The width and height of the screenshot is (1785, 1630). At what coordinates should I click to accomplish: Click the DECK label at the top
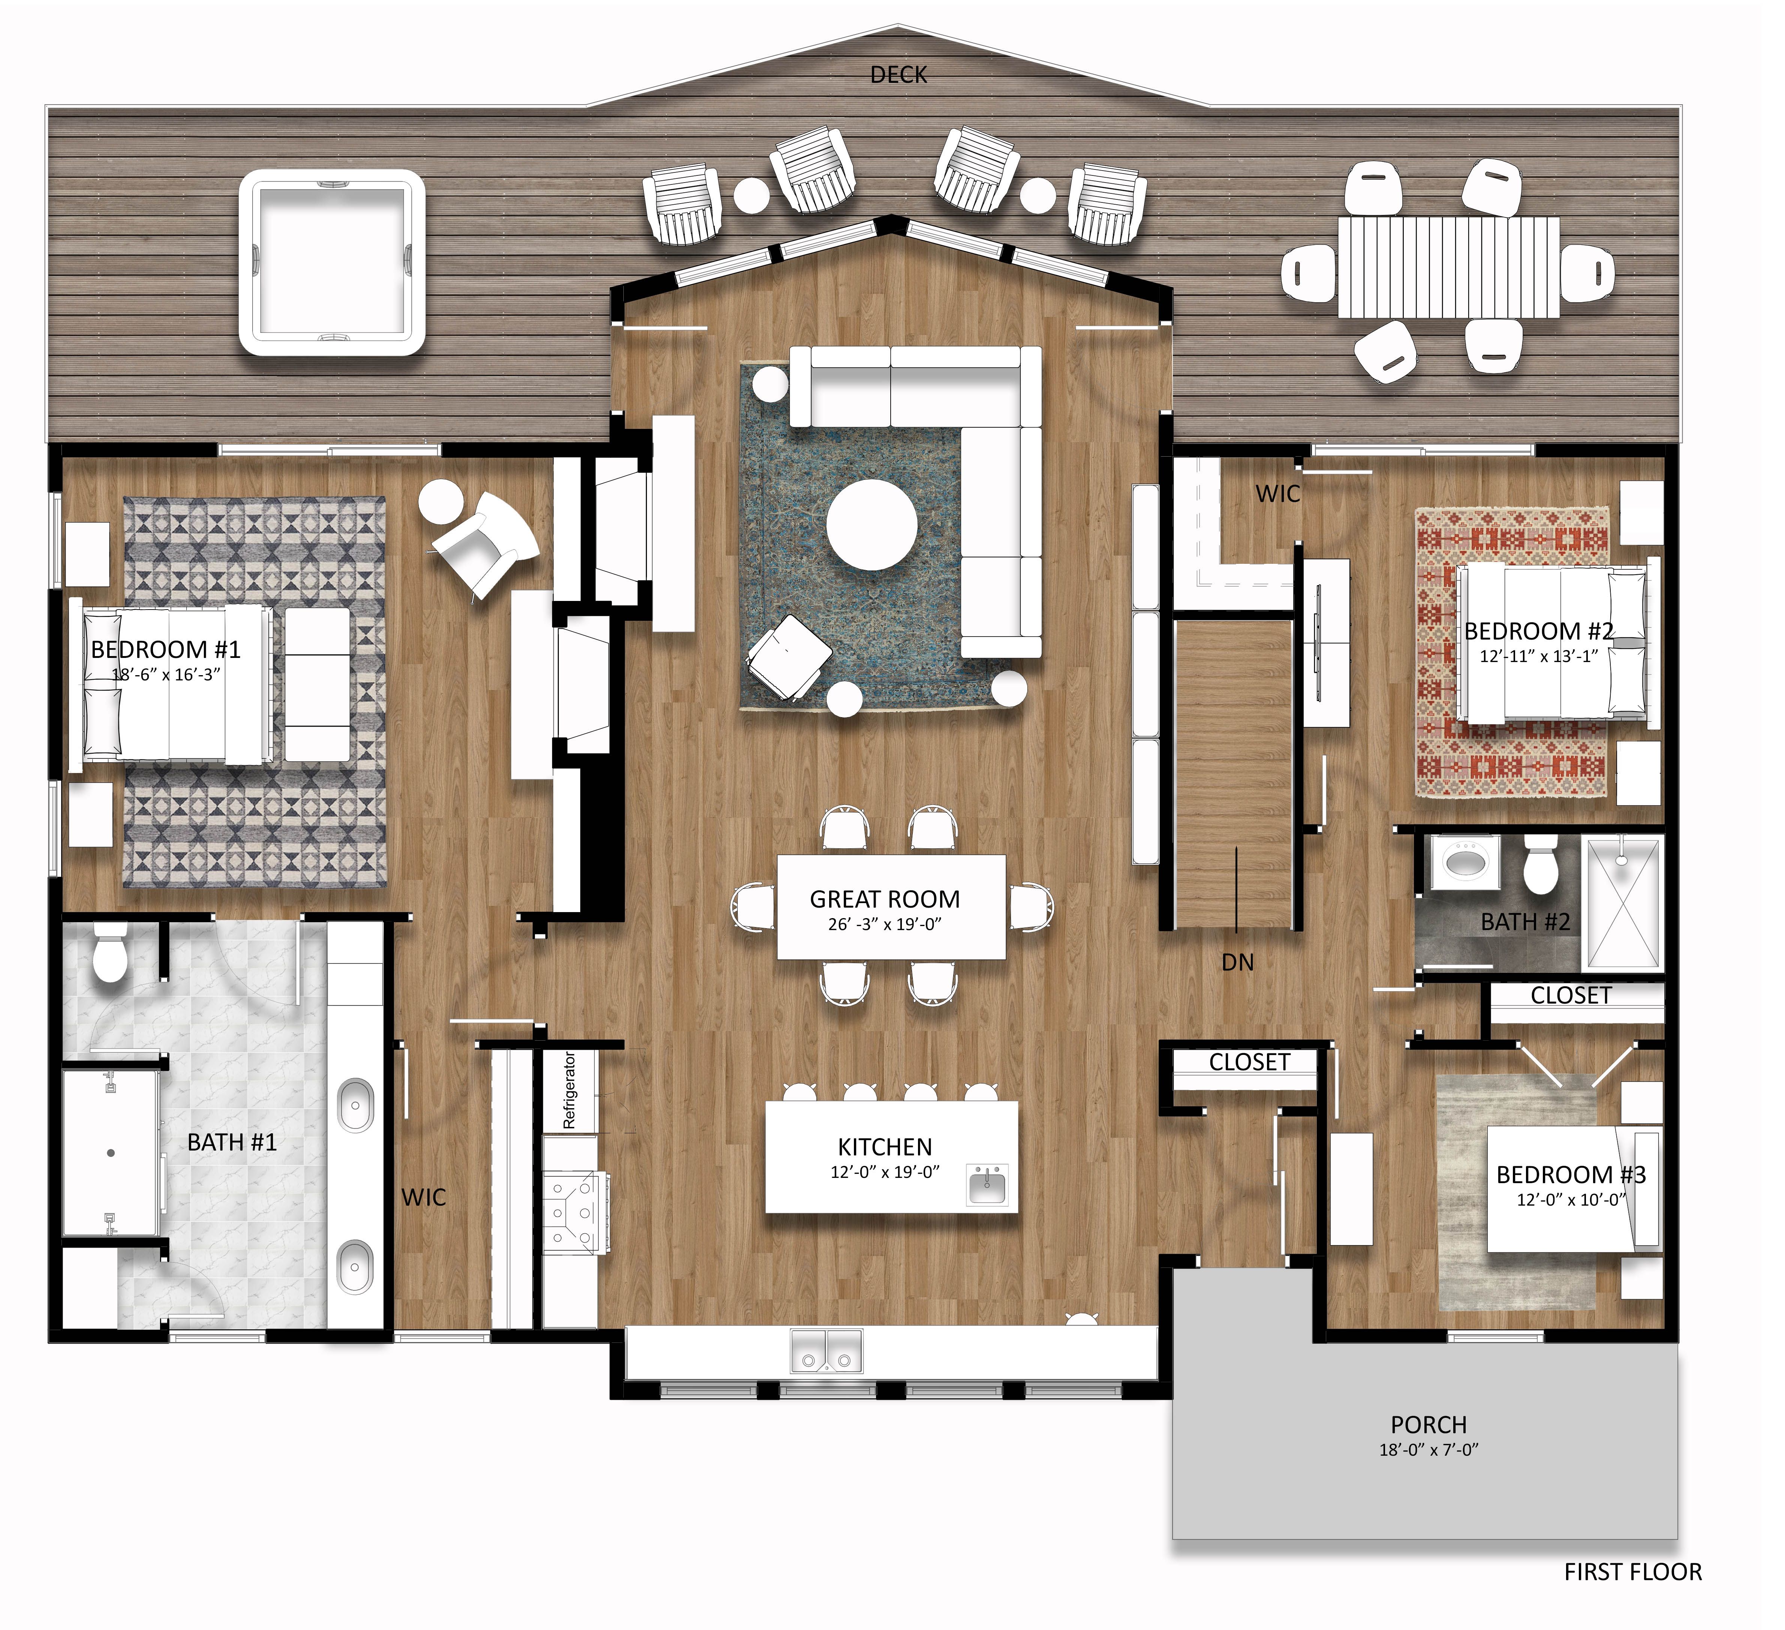[x=898, y=75]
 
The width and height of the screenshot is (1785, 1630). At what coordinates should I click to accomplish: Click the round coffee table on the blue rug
[x=872, y=524]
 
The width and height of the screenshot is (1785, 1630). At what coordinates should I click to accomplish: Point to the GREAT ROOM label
[x=885, y=900]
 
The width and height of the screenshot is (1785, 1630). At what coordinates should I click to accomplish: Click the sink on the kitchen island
[x=987, y=1185]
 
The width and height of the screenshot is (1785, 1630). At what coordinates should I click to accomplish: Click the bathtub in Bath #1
[x=111, y=1153]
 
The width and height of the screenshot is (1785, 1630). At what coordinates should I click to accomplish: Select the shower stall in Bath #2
[x=1622, y=903]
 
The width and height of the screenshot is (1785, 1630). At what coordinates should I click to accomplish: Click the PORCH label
[x=1428, y=1425]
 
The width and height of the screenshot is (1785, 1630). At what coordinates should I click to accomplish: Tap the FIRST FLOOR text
[x=1632, y=1572]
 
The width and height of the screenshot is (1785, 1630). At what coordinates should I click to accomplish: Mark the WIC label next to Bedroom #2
[x=1278, y=494]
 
